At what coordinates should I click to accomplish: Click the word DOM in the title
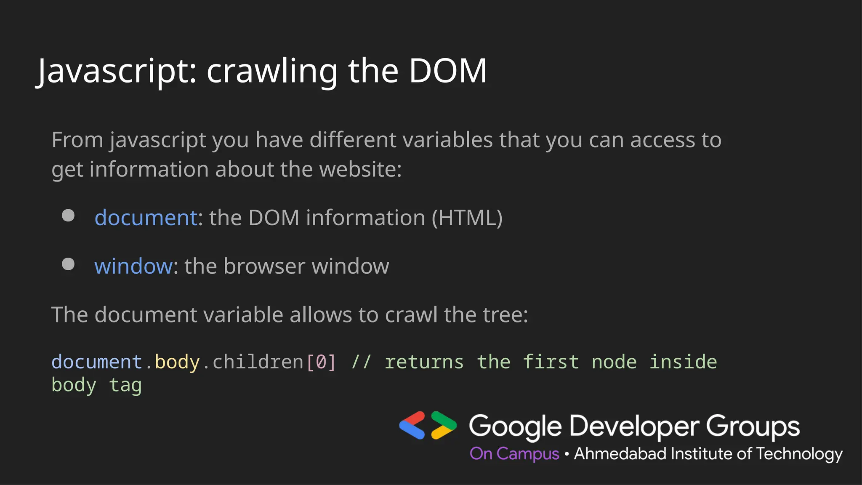coord(447,71)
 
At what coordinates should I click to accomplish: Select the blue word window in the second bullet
coord(133,266)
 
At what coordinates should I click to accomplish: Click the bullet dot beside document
coord(68,216)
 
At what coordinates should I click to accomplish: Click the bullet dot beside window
coord(68,264)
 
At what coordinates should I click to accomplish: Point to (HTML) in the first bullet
coord(467,218)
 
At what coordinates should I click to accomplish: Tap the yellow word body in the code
coord(177,362)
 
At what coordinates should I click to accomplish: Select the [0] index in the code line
coord(321,362)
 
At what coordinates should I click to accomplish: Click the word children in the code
coord(258,362)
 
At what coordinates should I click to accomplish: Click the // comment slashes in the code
coord(361,362)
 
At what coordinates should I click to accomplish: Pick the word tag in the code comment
coord(125,385)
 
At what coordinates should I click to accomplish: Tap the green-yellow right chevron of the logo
coord(443,425)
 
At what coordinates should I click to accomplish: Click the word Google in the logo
coord(515,426)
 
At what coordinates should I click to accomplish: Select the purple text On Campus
coord(514,454)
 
